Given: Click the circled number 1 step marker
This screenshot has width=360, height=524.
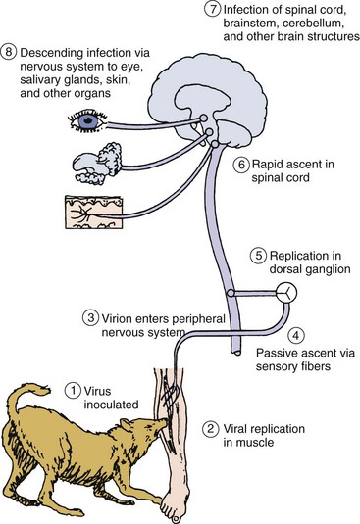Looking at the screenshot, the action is click(x=74, y=391).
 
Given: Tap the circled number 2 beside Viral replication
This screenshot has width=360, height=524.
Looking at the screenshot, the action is click(x=211, y=429).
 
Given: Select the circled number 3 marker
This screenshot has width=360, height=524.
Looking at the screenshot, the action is click(x=90, y=317).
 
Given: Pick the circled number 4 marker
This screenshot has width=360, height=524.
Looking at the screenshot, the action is click(x=296, y=336).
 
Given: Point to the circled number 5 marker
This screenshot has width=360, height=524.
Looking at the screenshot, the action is click(x=258, y=256).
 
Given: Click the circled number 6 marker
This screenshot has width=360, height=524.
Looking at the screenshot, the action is click(x=241, y=165).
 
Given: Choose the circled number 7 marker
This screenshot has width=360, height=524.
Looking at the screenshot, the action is click(x=213, y=9).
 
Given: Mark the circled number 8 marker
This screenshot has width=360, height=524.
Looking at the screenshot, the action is click(x=9, y=52).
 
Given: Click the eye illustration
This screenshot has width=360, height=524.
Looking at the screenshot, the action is click(x=87, y=120).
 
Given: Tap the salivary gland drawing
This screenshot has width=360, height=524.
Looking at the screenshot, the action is click(x=97, y=164).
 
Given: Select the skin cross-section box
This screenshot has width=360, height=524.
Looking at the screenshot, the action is click(x=94, y=213).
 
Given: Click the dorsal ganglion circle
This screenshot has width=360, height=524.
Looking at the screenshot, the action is click(x=286, y=293).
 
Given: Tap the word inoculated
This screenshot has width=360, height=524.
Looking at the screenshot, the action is click(x=111, y=405).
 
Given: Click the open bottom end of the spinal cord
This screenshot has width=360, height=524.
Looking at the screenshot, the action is click(x=236, y=352).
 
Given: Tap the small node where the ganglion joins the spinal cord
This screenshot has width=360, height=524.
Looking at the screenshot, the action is click(x=231, y=294).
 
